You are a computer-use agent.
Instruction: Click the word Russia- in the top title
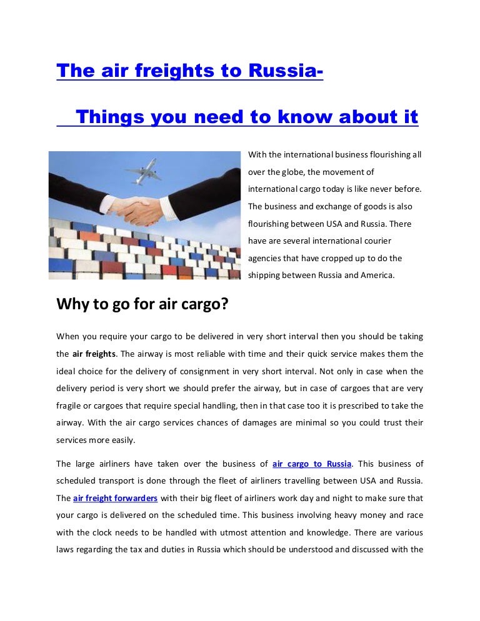(286, 71)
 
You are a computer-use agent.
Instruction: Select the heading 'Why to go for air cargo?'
(142, 304)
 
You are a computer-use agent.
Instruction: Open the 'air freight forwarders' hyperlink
(115, 499)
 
